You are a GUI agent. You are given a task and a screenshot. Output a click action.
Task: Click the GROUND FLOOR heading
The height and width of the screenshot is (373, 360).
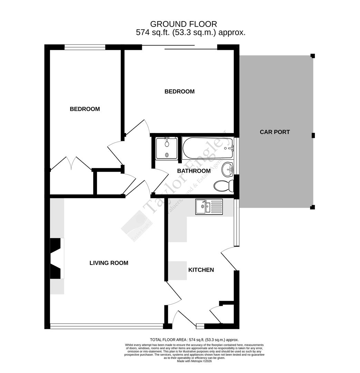(184, 24)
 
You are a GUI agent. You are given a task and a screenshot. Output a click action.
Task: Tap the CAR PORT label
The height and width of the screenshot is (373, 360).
(274, 132)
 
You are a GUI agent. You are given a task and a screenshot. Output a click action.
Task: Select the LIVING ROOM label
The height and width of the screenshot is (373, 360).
(109, 263)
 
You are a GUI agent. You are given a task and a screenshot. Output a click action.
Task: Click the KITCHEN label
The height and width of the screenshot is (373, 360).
(201, 270)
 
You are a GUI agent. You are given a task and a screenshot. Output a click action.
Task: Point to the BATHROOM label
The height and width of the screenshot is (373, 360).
(194, 171)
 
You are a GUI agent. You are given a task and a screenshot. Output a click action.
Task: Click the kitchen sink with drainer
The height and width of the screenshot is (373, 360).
(209, 207)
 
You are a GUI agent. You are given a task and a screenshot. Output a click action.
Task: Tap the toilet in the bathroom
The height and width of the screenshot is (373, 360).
(223, 186)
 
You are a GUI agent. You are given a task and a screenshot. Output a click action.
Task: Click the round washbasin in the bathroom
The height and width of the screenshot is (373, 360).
(228, 169)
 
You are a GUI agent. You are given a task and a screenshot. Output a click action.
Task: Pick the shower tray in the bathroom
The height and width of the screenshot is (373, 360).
(167, 148)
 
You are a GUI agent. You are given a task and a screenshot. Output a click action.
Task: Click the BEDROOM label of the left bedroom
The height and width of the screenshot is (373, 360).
(85, 109)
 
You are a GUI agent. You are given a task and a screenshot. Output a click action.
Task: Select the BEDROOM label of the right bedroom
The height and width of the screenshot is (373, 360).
(179, 92)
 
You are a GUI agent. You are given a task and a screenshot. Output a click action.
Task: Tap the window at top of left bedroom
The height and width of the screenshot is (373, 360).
(85, 47)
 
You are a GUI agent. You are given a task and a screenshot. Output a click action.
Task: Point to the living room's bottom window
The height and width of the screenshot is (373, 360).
(106, 326)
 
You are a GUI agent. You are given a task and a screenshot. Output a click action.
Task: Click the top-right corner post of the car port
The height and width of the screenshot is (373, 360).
(313, 56)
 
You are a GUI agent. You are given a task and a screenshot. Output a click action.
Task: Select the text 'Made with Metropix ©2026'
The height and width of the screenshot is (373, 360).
(194, 361)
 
